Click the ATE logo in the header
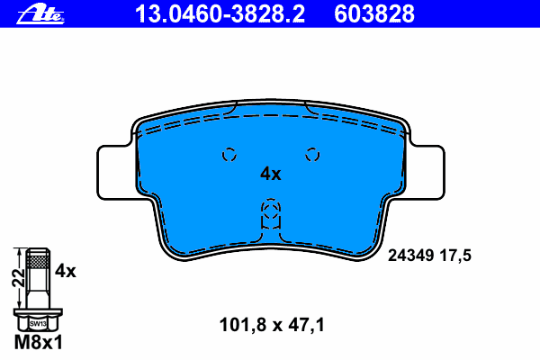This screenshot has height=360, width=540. [x=40, y=14]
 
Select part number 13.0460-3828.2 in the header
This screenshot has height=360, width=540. [x=220, y=14]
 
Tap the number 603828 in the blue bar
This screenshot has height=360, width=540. [x=374, y=14]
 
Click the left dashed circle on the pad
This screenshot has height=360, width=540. [x=229, y=155]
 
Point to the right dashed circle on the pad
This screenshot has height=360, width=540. [x=312, y=155]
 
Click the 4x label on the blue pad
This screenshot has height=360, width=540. [x=270, y=174]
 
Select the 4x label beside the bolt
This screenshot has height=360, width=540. [x=65, y=271]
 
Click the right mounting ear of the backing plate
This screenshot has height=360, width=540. [x=427, y=172]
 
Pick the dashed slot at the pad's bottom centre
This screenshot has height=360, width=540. [x=271, y=214]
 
